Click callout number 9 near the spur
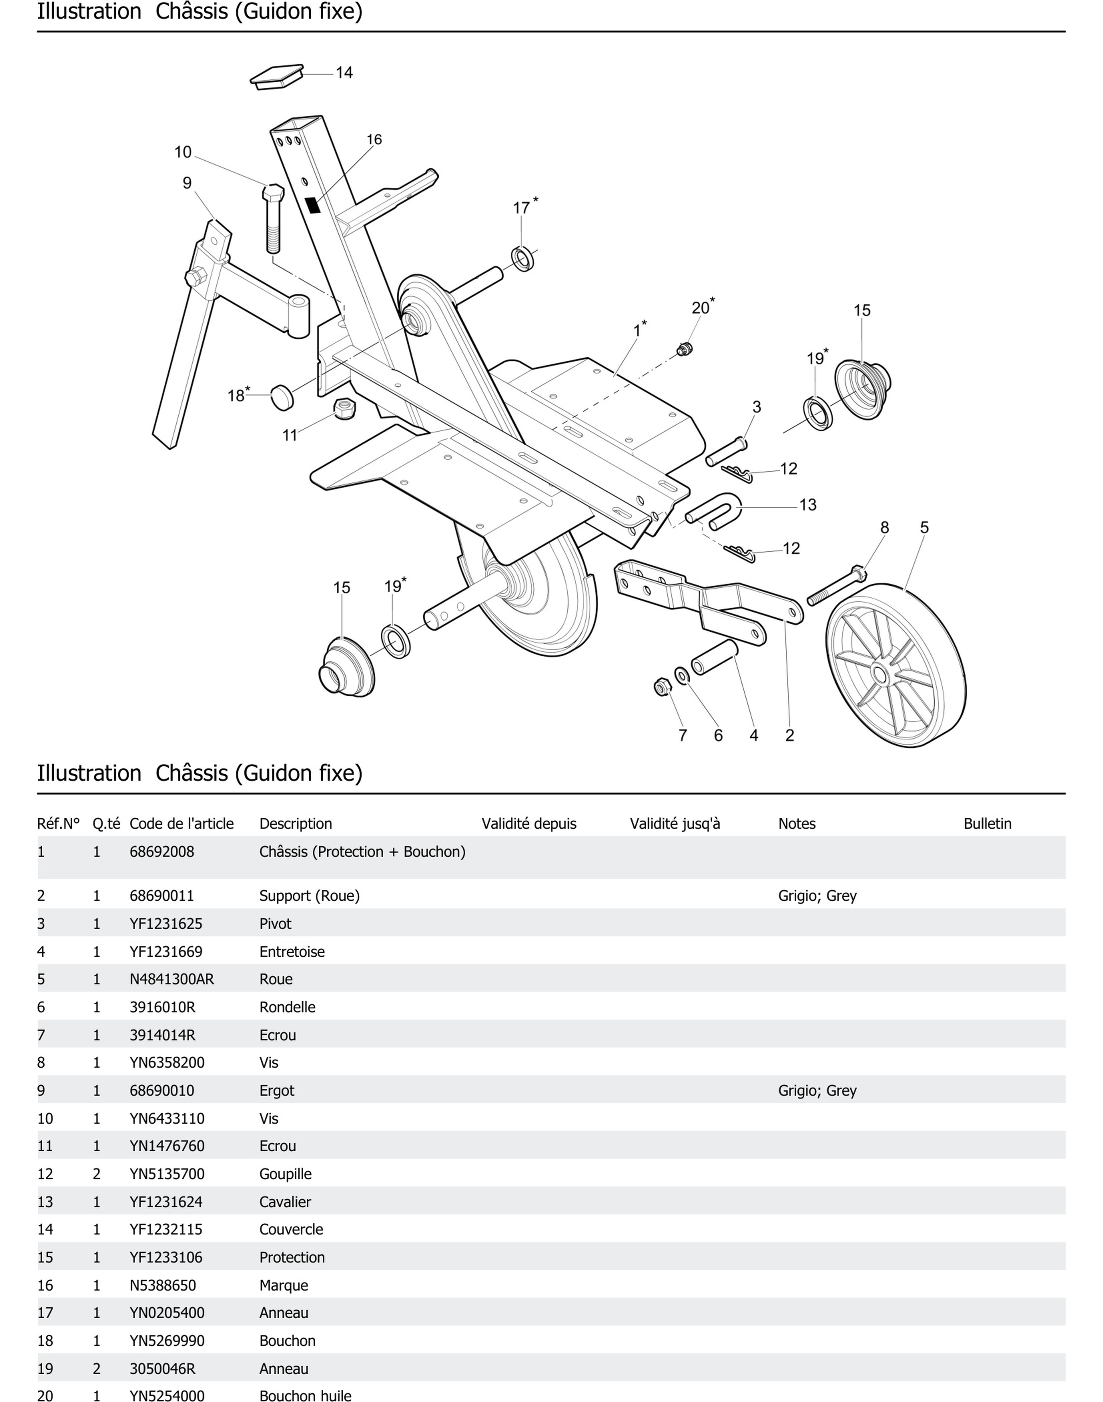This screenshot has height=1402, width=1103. point(187,183)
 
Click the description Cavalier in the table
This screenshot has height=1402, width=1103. point(285,1202)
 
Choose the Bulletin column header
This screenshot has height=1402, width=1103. point(987,823)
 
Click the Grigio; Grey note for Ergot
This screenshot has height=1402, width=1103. point(817,1090)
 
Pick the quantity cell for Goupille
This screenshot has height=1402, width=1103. point(97,1174)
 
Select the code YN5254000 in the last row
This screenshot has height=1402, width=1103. point(166,1396)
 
